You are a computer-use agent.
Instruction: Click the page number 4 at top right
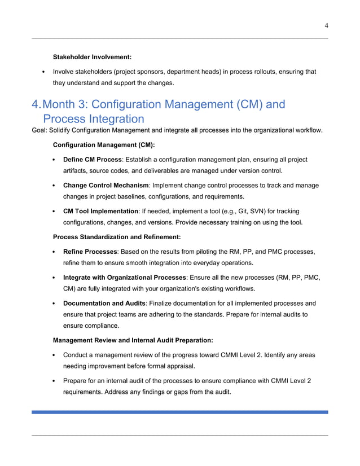(326, 24)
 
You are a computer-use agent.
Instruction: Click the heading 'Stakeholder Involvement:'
(92, 57)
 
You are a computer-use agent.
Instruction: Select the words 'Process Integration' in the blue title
(93, 119)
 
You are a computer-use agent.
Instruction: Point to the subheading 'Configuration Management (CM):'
(104, 145)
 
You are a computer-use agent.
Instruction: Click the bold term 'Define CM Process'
(93, 160)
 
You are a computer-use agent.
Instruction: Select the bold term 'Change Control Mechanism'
(106, 185)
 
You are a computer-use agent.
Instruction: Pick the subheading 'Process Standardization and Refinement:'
(116, 237)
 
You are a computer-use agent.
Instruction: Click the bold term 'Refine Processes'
(90, 252)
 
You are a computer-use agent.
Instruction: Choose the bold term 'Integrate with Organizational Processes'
(124, 278)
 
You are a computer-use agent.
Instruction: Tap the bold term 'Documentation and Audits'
(104, 303)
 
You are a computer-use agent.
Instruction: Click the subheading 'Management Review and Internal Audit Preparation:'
(133, 340)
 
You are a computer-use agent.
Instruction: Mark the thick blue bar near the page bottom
(179, 412)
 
